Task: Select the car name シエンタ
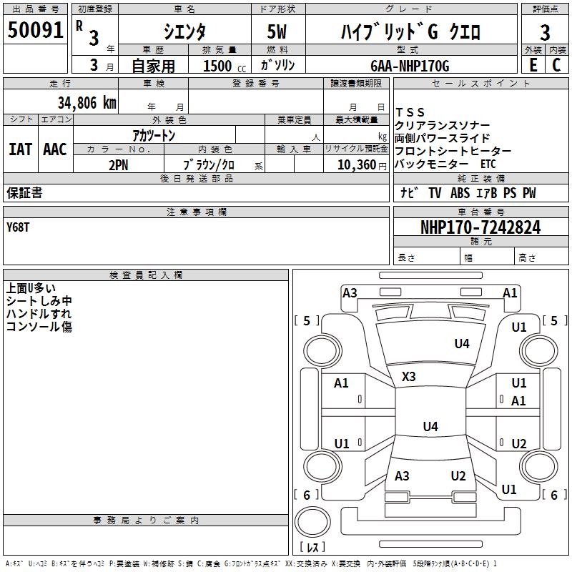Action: tap(184, 32)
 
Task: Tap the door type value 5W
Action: tap(278, 32)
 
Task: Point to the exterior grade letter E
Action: tap(533, 65)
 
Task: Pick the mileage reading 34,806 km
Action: tap(87, 102)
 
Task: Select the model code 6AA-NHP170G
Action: tap(410, 66)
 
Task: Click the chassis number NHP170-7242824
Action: tap(480, 227)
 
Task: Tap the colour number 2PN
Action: tap(118, 164)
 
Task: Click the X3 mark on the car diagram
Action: tap(409, 377)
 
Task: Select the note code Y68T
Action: tap(19, 227)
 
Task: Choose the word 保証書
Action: tap(24, 193)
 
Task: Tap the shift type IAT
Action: tap(20, 149)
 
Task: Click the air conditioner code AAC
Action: tap(55, 149)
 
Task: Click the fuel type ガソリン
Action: tap(278, 65)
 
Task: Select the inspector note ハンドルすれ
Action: tap(39, 314)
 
